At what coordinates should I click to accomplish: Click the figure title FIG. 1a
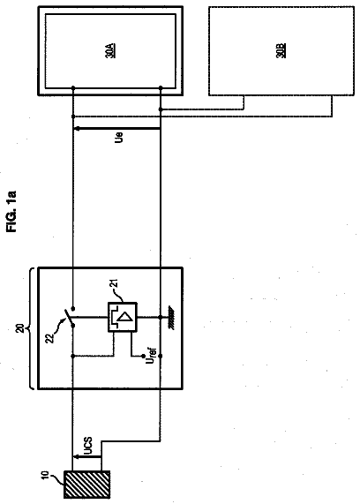(x=11, y=211)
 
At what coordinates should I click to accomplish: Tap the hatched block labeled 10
(x=86, y=485)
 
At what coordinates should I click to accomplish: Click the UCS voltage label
(x=87, y=446)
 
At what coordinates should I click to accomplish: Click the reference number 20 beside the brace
(x=20, y=328)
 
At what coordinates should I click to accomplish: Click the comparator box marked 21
(x=122, y=317)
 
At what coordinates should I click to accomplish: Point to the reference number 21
(x=115, y=282)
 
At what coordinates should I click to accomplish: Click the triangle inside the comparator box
(x=126, y=317)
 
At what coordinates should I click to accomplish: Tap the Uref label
(x=151, y=355)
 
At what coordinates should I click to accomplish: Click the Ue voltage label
(x=119, y=137)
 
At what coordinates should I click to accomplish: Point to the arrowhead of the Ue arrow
(x=78, y=129)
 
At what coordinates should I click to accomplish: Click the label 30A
(x=110, y=50)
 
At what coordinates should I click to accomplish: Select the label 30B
(x=281, y=50)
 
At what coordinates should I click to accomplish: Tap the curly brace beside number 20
(x=32, y=328)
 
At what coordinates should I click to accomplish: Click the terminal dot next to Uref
(x=143, y=356)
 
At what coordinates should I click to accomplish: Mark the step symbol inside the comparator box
(x=115, y=317)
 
